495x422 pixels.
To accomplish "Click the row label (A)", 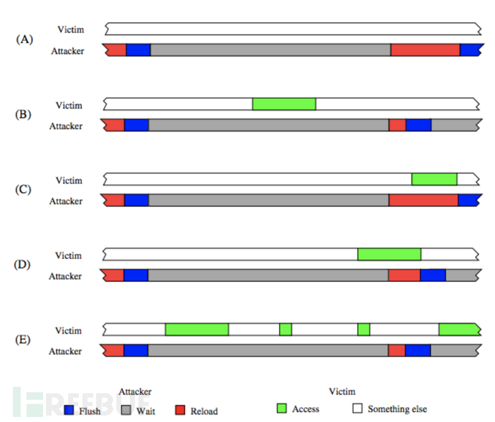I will click(x=24, y=40).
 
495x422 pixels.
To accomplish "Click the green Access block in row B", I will click(x=284, y=104).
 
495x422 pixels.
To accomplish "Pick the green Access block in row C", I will click(x=434, y=179).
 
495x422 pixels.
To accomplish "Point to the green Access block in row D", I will click(x=389, y=254).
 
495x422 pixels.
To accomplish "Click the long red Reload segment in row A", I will click(x=425, y=50).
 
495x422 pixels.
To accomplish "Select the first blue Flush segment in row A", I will click(x=138, y=50).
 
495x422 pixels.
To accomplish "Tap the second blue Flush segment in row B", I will click(x=418, y=125).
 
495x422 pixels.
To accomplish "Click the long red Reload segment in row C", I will click(x=423, y=200).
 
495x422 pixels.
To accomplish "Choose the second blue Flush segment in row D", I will click(x=433, y=275).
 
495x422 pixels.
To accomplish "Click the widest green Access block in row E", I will click(x=197, y=329).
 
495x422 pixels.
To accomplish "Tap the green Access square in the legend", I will click(x=282, y=408).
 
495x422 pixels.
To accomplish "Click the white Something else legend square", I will click(x=357, y=408).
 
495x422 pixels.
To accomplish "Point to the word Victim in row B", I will click(x=69, y=105).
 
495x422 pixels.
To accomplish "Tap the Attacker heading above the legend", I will click(x=134, y=392).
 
